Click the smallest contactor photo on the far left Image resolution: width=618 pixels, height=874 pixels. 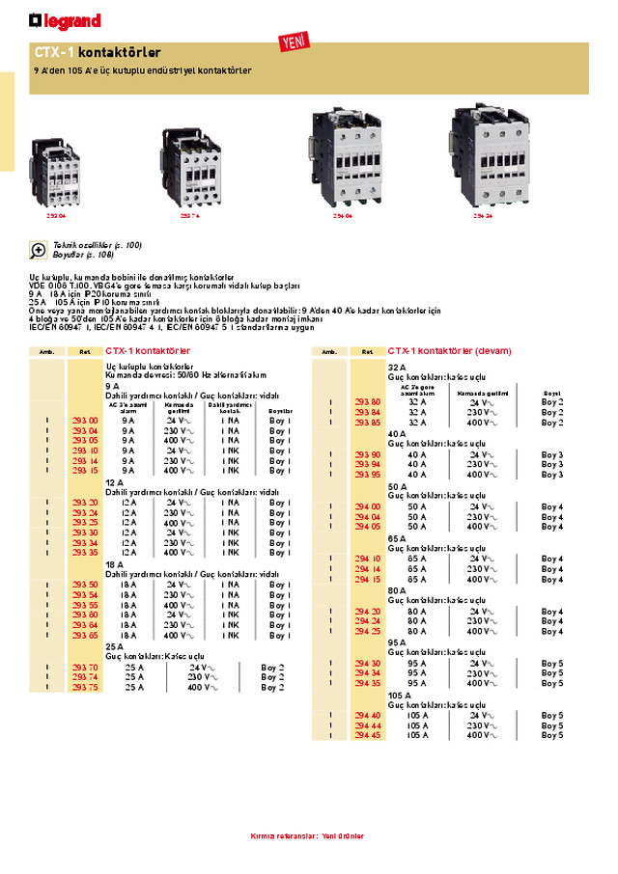click(x=57, y=171)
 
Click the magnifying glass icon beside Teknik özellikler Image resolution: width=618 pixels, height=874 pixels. click(x=39, y=250)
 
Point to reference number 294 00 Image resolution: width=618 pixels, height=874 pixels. click(x=368, y=506)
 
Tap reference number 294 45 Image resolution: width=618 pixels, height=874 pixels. click(x=368, y=735)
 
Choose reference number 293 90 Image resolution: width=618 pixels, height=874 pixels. click(x=368, y=454)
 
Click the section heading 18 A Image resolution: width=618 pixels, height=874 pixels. click(x=112, y=563)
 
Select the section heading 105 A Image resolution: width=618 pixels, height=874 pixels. click(x=398, y=695)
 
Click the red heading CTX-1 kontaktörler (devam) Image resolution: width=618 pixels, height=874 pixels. click(x=449, y=351)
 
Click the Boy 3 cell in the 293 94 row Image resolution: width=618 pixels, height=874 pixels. click(x=552, y=464)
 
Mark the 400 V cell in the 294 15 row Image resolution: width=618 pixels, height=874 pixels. click(x=480, y=579)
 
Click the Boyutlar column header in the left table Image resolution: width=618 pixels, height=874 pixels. click(x=280, y=411)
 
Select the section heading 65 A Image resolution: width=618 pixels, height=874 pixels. click(x=396, y=538)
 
